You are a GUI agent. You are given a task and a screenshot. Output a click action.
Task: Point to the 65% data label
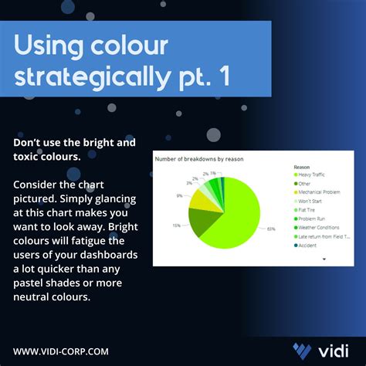pyautogui.click(x=270, y=229)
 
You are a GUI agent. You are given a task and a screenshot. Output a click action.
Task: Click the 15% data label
pyautogui.click(x=177, y=225)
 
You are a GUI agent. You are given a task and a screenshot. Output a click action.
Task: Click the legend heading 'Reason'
pyautogui.click(x=303, y=166)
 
